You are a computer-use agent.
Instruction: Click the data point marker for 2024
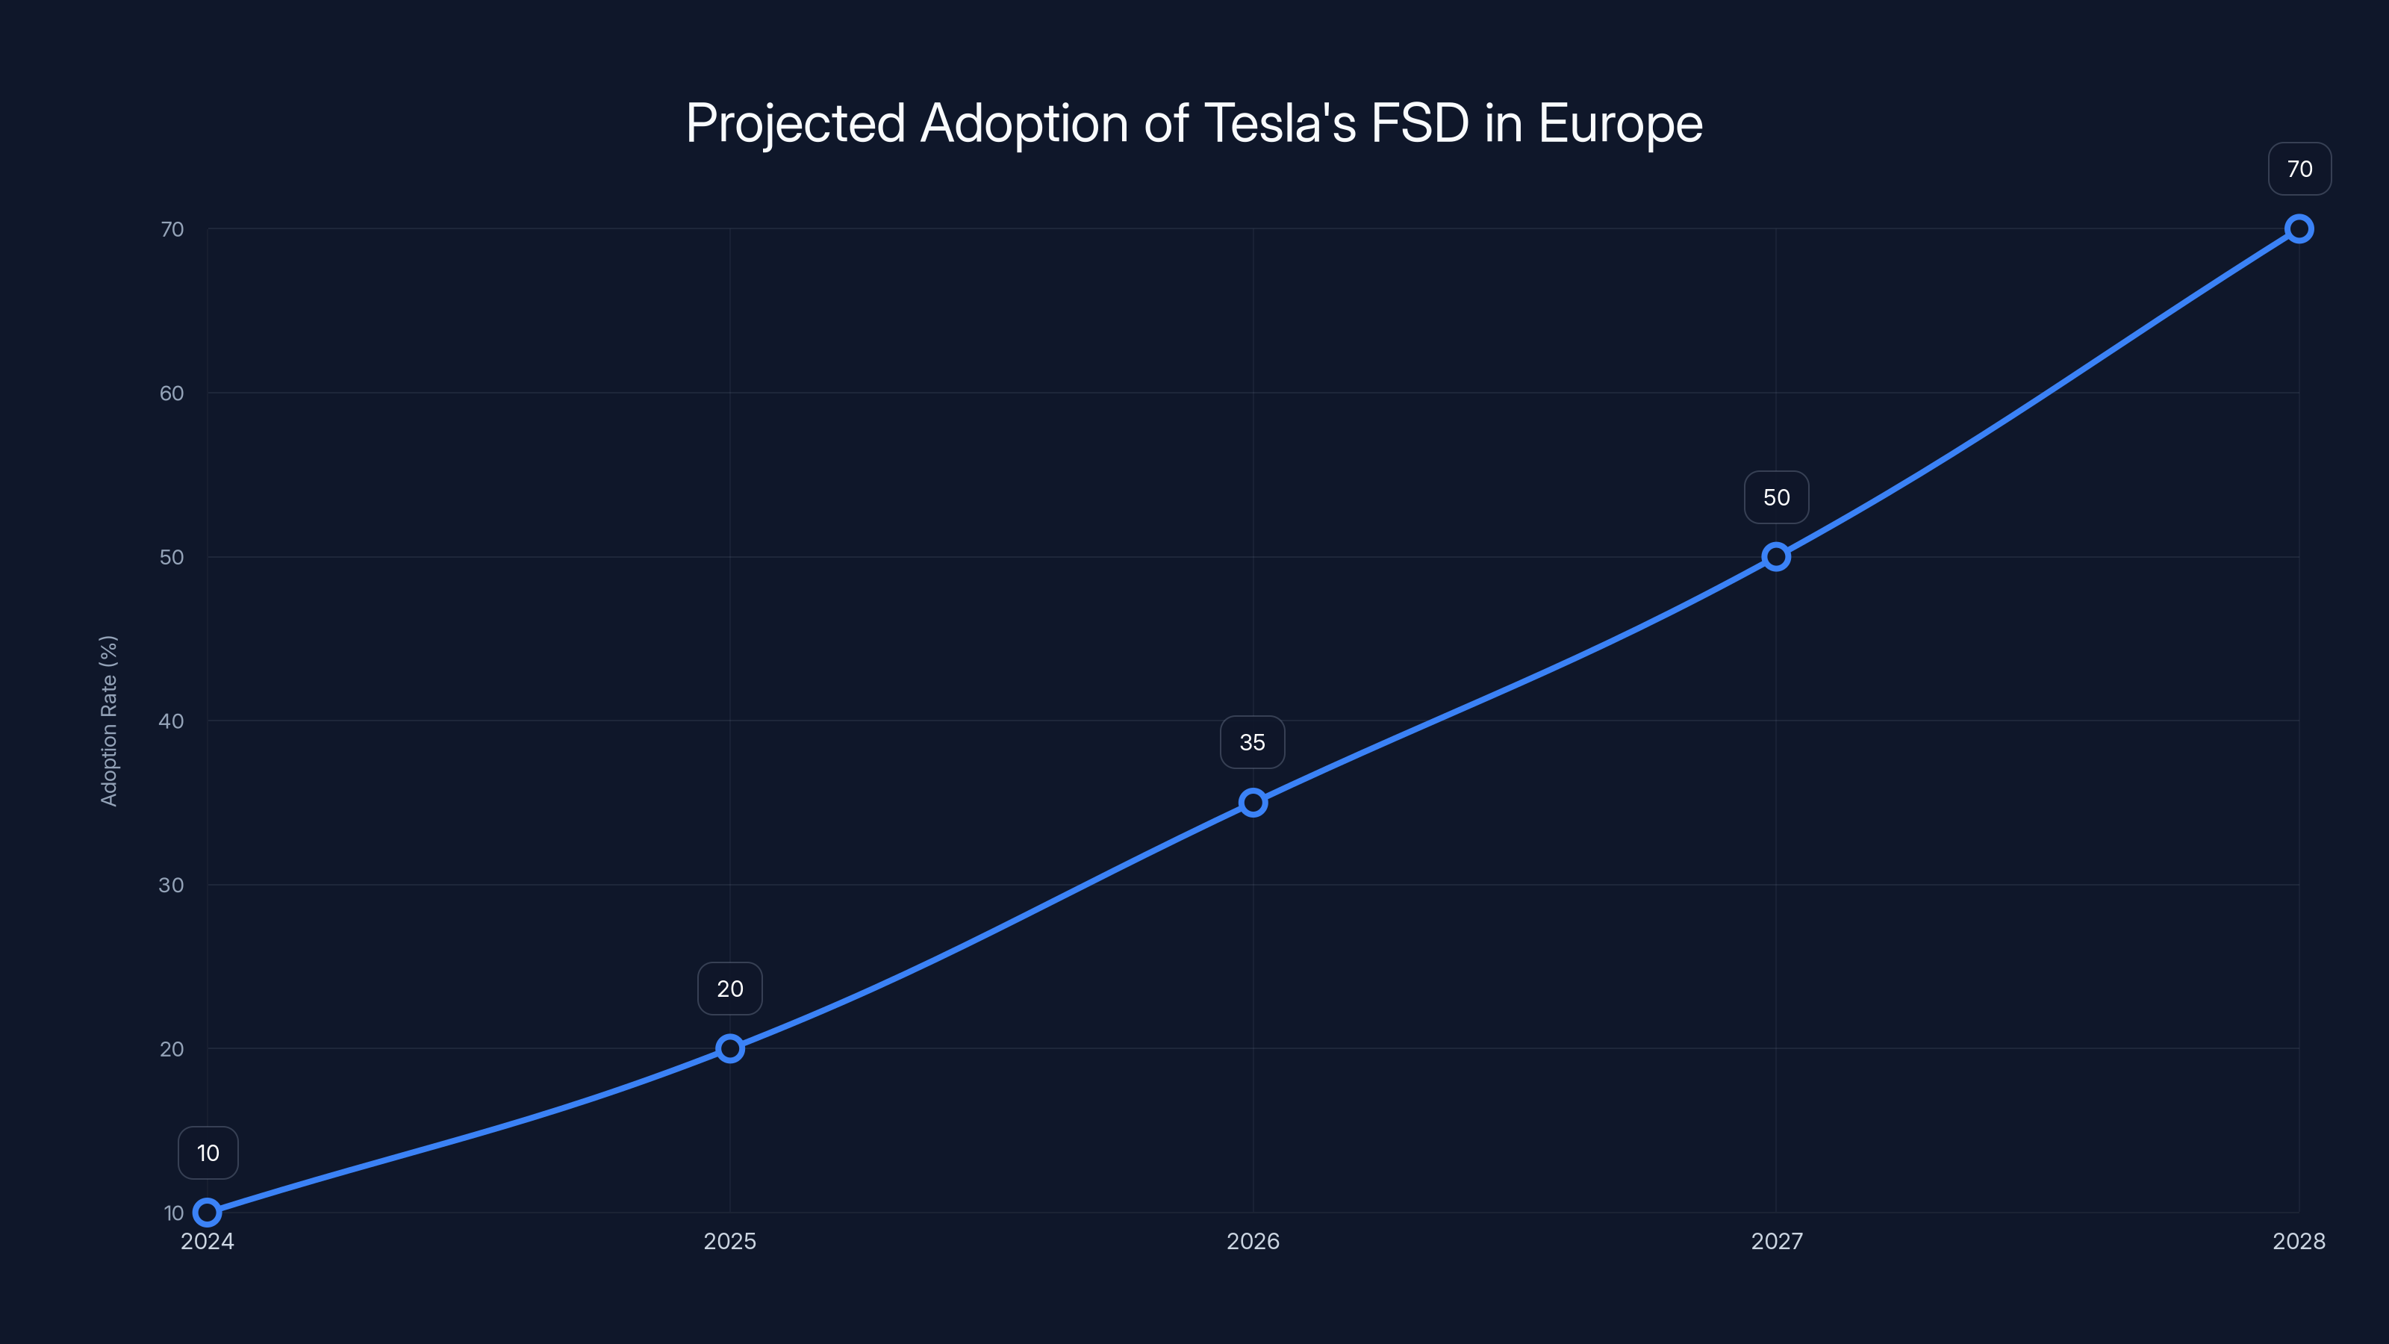click(207, 1213)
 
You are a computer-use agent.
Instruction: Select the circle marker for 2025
click(730, 1048)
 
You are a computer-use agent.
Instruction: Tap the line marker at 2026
click(1253, 803)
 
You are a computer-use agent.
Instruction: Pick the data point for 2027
click(1776, 556)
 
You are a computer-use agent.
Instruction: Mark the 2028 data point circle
click(2299, 229)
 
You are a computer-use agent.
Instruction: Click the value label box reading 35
click(1252, 742)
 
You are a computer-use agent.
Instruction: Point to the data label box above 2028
click(2299, 169)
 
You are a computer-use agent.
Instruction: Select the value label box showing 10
click(208, 1153)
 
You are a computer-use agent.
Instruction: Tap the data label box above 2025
click(730, 989)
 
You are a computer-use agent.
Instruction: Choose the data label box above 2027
click(1776, 497)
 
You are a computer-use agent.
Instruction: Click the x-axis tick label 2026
click(1253, 1241)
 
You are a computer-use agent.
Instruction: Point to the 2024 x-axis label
click(207, 1241)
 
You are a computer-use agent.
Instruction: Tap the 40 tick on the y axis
click(172, 721)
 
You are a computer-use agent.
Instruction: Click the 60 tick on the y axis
click(172, 393)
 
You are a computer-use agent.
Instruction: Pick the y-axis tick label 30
click(172, 885)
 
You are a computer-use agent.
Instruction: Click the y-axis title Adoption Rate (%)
click(108, 721)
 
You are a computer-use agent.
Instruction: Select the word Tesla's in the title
click(1279, 123)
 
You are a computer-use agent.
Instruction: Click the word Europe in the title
click(1619, 123)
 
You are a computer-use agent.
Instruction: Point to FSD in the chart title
click(1419, 123)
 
